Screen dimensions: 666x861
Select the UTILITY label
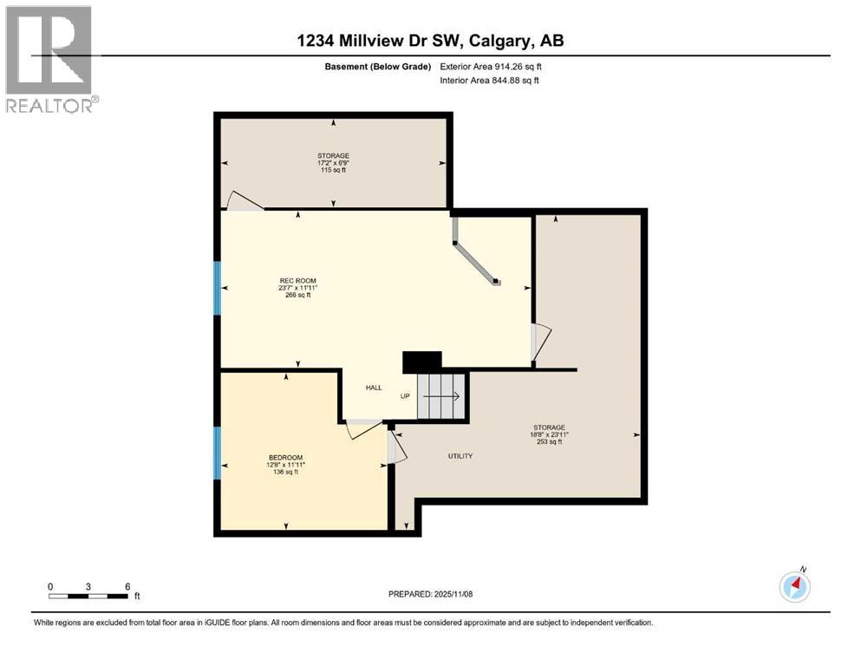460,456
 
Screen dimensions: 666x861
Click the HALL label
374,388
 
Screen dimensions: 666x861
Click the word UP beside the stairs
405,396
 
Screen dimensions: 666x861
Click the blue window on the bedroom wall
217,453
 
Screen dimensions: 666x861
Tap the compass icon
794,586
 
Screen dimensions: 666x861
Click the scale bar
89,596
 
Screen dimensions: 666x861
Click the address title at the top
430,41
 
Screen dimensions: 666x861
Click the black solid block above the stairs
422,362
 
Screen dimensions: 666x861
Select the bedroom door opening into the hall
362,428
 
